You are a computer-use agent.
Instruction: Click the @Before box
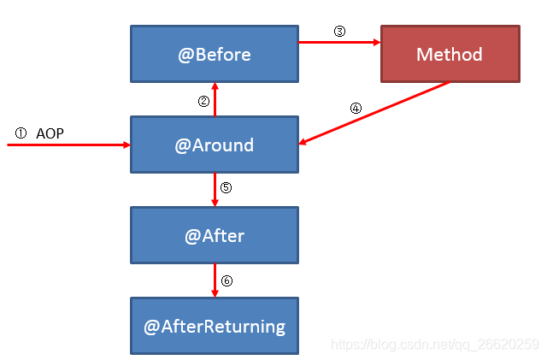[215, 54]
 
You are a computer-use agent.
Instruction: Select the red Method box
[450, 54]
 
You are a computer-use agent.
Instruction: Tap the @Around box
[215, 145]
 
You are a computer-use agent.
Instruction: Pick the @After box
[215, 235]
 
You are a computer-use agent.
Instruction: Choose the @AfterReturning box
[215, 326]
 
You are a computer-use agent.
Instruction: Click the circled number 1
[21, 133]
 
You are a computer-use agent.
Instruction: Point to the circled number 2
[203, 101]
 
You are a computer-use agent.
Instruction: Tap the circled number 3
[339, 31]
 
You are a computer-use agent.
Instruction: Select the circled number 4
[356, 109]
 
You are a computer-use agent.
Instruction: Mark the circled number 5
[226, 187]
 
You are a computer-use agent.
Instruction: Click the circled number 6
[226, 280]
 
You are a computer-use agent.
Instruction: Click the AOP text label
[50, 133]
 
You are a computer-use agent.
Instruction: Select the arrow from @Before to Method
[339, 42]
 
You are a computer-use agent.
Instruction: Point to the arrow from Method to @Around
[374, 113]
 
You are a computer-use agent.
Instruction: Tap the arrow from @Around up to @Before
[215, 99]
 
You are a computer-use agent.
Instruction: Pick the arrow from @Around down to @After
[215, 190]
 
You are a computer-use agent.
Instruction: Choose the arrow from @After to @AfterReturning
[215, 280]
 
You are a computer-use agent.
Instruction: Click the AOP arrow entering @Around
[68, 145]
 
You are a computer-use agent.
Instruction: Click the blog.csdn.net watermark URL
[435, 345]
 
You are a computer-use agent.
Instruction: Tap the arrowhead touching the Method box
[377, 42]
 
